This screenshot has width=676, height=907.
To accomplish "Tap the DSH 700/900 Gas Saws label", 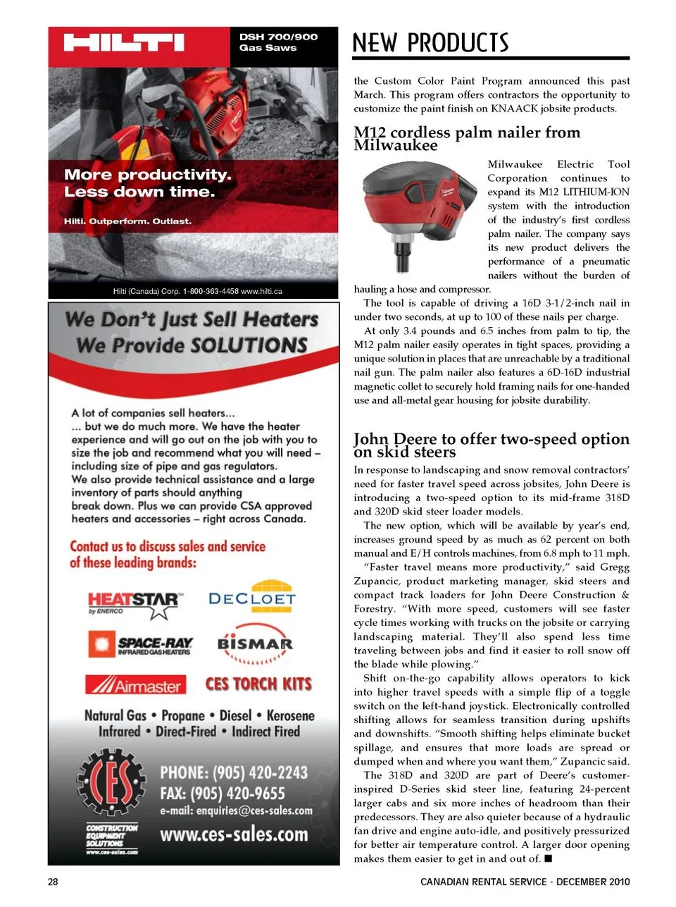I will point(278,42).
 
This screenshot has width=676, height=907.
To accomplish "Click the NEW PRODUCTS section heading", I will point(430,43).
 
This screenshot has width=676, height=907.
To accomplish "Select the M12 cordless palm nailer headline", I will point(467,138).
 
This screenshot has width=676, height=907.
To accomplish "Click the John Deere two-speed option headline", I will point(491,445).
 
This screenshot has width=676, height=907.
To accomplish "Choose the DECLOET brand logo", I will point(252,598).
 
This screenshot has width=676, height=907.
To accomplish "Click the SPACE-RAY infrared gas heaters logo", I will point(141,644).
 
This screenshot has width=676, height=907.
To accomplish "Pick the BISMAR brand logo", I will point(255,643).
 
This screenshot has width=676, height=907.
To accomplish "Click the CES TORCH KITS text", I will point(258,684).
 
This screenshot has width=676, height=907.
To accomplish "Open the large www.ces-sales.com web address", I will point(234,835).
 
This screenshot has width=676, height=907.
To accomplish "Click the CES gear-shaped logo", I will point(111,781).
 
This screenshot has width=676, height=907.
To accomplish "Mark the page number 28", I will point(53,882).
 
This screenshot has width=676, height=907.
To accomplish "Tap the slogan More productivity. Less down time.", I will point(148,183).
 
